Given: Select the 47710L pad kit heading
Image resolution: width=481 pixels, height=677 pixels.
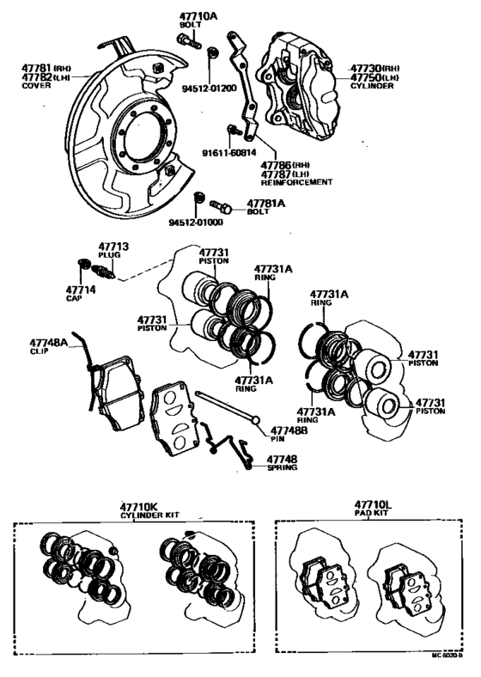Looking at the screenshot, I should pyautogui.click(x=372, y=506).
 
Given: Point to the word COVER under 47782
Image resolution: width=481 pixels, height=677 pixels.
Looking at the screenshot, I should pyautogui.click(x=36, y=86).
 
